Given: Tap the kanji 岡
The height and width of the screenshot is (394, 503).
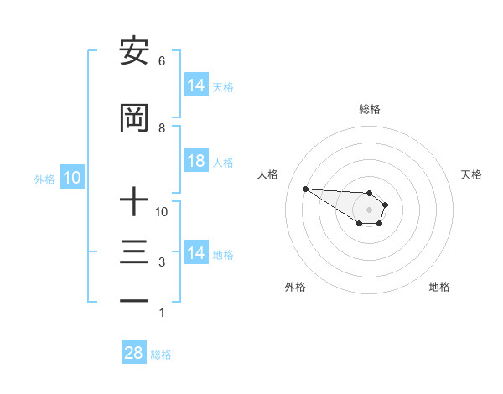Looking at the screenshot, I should tap(134, 119).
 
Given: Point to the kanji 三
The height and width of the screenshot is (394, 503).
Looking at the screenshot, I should tap(134, 252).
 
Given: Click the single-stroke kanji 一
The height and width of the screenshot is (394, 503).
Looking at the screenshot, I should tap(134, 300).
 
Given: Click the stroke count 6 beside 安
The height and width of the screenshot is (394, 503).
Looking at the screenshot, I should tap(161, 61).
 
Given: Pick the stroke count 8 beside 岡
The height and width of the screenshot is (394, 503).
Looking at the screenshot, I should tap(161, 127).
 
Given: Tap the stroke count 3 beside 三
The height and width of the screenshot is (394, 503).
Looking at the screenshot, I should tap(161, 263).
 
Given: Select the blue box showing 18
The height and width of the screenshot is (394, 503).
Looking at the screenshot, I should tap(195, 161).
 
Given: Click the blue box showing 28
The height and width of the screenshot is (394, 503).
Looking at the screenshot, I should tap(133, 353).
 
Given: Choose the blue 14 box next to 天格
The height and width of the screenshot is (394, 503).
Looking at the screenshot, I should tap(195, 86).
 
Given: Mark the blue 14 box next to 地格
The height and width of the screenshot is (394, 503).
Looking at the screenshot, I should tap(195, 253).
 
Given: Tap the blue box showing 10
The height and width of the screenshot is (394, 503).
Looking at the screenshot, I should tap(71, 178).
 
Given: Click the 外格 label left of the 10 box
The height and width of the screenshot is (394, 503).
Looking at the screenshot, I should tap(44, 179).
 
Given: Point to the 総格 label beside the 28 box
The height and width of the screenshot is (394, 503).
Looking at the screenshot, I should tap(161, 355).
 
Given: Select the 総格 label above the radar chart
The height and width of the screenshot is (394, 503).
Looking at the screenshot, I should tap(369, 109).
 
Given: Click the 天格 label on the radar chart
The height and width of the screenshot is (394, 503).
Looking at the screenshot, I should tap(471, 174).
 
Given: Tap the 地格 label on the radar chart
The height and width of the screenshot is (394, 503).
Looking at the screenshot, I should tap(439, 287).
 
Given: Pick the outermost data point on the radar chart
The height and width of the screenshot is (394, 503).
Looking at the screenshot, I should tap(305, 189).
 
